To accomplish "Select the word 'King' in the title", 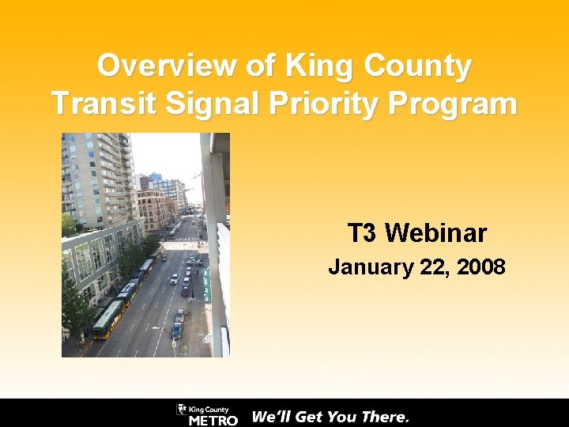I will coord(307,66).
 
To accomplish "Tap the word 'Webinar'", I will coord(436,233).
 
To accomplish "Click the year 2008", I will coord(479,267).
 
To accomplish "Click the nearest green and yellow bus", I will coord(107,319).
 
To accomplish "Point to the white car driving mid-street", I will coord(174,278).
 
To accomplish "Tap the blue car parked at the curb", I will coord(177,330).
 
